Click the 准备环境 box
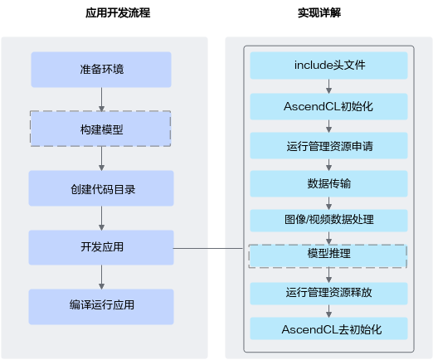tap(101, 70)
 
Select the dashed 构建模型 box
tap(100, 129)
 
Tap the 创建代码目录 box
tap(101, 188)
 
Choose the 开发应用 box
tap(101, 247)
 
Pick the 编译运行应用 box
tap(101, 307)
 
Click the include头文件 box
tap(328, 66)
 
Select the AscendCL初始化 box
tap(328, 107)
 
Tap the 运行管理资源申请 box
tap(328, 146)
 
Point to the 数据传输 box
tap(328, 184)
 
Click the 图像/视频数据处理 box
tap(328, 221)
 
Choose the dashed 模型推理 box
tap(328, 256)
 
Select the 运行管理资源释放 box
tap(328, 294)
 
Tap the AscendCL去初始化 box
tap(328, 328)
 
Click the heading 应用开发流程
tap(118, 12)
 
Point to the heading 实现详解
tap(319, 12)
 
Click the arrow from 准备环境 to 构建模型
tap(101, 100)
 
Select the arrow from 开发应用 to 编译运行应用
tap(101, 277)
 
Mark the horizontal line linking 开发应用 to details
tap(208, 248)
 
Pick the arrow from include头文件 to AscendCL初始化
tap(328, 86)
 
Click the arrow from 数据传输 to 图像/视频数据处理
tap(328, 203)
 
